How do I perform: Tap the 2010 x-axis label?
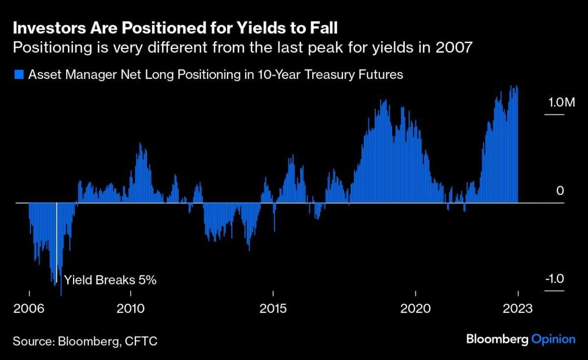click(131, 309)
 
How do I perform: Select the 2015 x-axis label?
click(273, 309)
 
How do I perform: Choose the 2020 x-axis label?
click(416, 309)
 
